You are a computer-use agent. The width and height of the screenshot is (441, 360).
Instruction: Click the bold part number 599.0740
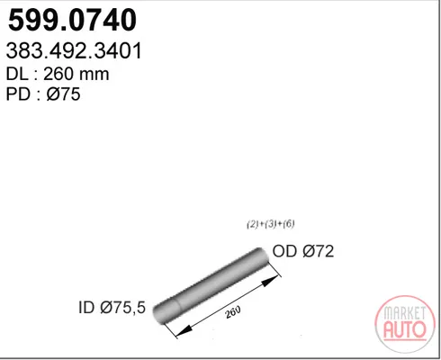pyautogui.click(x=72, y=21)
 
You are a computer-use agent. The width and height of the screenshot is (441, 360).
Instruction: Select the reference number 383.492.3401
pyautogui.click(x=74, y=50)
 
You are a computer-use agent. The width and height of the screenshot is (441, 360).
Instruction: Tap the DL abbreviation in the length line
pyautogui.click(x=18, y=74)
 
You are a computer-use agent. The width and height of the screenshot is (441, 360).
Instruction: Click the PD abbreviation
pyautogui.click(x=18, y=94)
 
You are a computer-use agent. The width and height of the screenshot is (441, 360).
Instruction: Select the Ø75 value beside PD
pyautogui.click(x=63, y=94)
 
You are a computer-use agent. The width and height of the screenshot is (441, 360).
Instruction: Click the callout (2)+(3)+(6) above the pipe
pyautogui.click(x=271, y=224)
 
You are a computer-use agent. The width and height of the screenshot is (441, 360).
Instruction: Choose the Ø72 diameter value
pyautogui.click(x=319, y=251)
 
